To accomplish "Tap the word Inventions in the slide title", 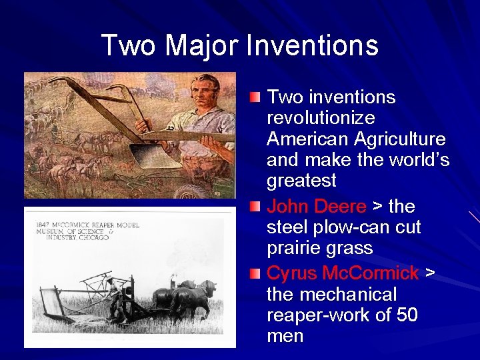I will [312, 46].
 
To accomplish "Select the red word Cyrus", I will [291, 273].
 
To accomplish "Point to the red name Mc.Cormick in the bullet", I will [371, 273].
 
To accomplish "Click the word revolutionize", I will [320, 118].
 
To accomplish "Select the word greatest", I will [301, 181].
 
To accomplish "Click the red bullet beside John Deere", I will [255, 207].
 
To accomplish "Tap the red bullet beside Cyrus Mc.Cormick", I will [255, 273].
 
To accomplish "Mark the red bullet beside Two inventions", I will [255, 98].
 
